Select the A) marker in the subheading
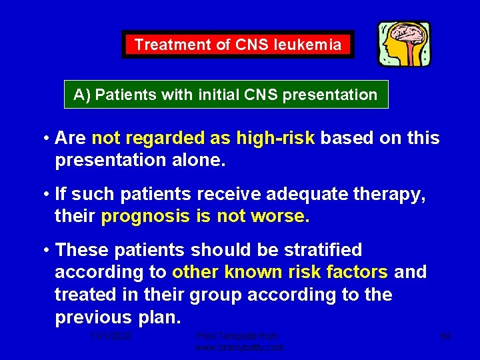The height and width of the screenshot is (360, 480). [x=83, y=95]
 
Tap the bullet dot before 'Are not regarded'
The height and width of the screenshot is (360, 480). [x=47, y=138]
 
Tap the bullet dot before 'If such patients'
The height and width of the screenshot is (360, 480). [x=47, y=194]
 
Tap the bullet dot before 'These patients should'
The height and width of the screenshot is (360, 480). [x=47, y=250]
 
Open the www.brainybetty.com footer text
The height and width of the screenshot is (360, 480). [x=239, y=347]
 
